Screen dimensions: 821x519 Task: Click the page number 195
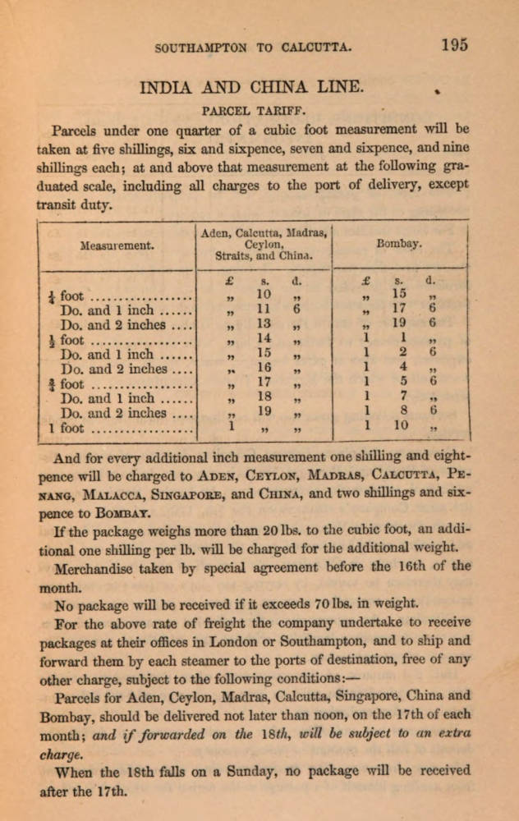pyautogui.click(x=453, y=45)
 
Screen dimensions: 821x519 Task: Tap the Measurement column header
pyautogui.click(x=117, y=245)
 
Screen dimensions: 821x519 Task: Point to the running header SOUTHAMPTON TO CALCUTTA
pyautogui.click(x=254, y=48)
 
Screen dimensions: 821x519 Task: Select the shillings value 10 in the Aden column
pyautogui.click(x=264, y=294)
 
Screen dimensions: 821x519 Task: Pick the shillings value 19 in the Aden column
pyautogui.click(x=264, y=411)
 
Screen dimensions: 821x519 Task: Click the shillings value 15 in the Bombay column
pyautogui.click(x=399, y=294)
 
